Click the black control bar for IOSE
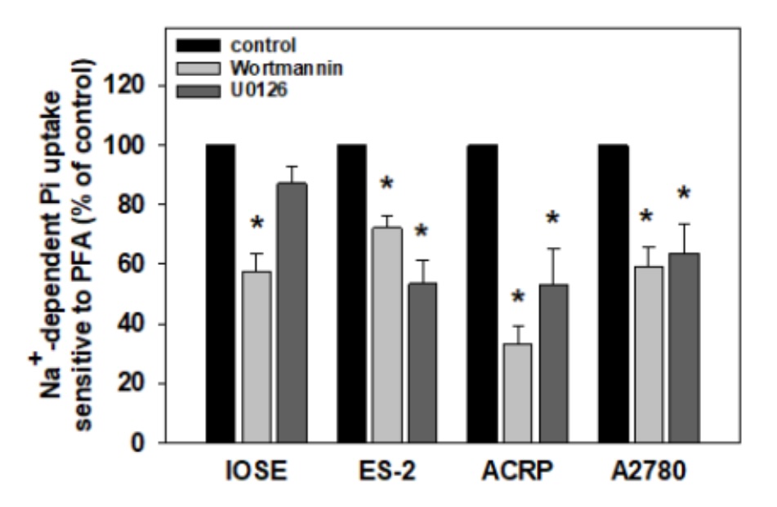(220, 294)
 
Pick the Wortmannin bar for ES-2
(387, 335)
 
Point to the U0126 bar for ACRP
(553, 364)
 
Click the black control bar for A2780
(613, 294)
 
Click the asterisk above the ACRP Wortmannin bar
(516, 299)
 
